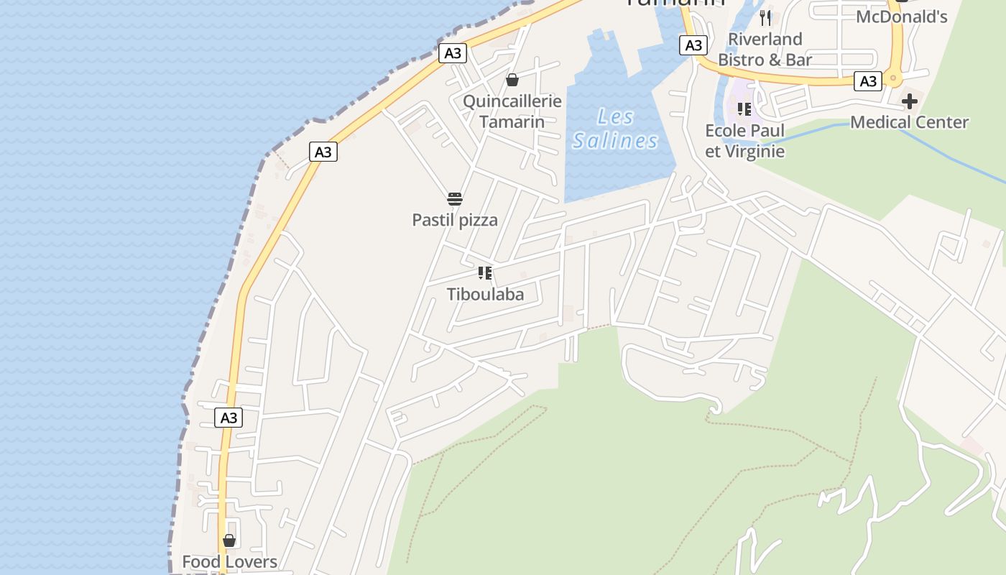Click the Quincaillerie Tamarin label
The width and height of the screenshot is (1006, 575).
tap(512, 111)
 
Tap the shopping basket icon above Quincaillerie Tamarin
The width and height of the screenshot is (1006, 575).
tap(512, 80)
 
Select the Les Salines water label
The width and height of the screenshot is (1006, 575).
tap(615, 129)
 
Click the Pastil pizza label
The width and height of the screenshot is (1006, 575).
tap(455, 220)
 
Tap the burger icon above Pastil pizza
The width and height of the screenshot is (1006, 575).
tap(455, 199)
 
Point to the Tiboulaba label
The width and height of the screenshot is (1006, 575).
tap(485, 294)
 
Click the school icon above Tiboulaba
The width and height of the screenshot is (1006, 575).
tap(485, 273)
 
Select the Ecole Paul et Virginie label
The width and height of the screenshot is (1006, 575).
tap(744, 141)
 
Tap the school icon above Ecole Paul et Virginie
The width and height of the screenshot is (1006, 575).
tap(744, 109)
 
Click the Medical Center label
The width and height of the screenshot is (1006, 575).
tap(909, 122)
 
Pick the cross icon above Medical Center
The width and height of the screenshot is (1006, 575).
tap(910, 101)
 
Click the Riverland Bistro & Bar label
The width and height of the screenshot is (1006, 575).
tap(765, 49)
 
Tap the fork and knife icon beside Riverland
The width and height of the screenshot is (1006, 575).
tap(765, 18)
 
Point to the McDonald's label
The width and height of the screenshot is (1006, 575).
tap(901, 17)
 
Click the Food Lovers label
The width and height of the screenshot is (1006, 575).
tap(229, 561)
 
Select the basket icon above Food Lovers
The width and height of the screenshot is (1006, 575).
tap(229, 540)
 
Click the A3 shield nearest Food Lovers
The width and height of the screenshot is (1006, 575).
tap(229, 418)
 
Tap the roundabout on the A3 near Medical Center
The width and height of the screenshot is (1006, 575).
tap(893, 77)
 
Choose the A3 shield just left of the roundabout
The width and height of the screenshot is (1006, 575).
tap(868, 81)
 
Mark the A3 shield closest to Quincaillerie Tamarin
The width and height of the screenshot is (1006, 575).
tap(453, 53)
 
